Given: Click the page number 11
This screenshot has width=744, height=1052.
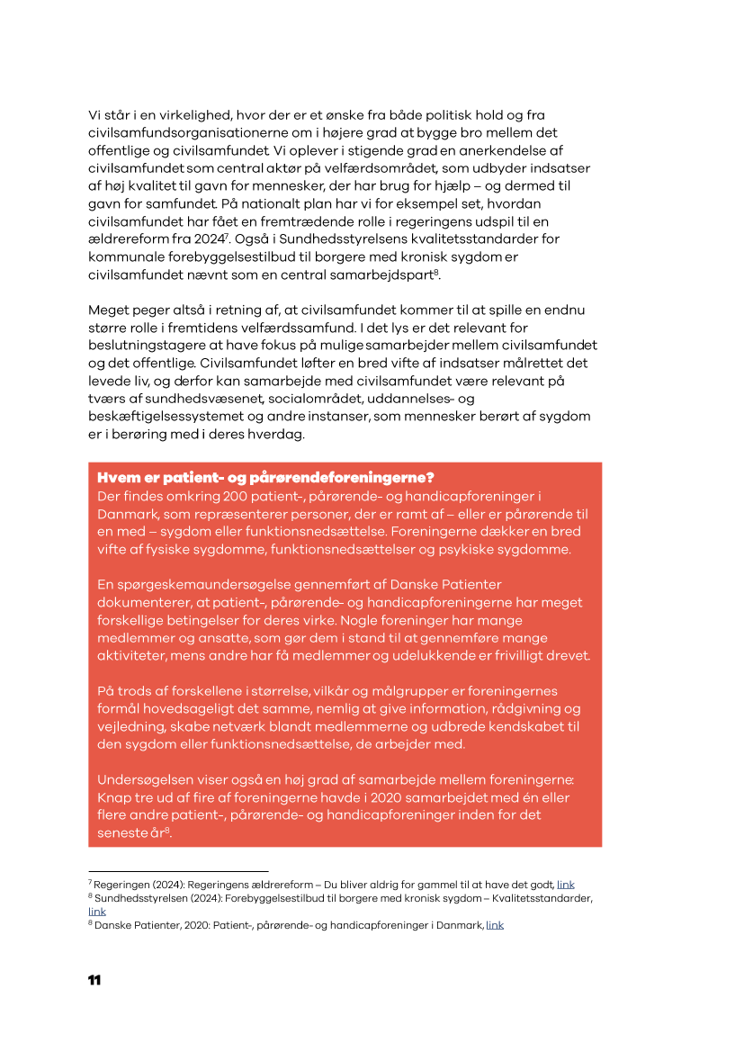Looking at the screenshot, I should (94, 980).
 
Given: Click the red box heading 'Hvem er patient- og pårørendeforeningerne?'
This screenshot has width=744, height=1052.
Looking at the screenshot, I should (266, 477).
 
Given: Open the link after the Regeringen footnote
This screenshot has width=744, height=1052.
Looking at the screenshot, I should (565, 885).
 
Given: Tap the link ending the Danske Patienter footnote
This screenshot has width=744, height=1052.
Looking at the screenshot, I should (495, 924).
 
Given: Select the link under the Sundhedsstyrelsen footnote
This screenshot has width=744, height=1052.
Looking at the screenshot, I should (97, 911).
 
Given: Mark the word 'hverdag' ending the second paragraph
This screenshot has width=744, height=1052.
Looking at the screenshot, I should (280, 433).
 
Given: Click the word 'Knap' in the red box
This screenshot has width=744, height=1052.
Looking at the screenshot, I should (114, 797).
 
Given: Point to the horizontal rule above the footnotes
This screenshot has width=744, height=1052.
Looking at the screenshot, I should (178, 871).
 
